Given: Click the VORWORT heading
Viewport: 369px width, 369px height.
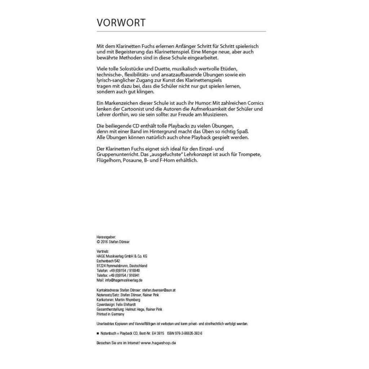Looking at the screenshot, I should tap(121, 23).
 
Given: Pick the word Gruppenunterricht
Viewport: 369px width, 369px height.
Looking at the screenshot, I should tap(117, 154).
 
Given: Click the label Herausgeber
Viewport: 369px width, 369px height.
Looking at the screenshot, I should tap(106, 237).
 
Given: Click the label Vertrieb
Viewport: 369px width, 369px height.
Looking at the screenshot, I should tap(103, 251).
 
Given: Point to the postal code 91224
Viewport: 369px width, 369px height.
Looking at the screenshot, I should tap(101, 266).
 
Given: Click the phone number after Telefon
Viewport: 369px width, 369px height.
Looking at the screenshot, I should tap(124, 271).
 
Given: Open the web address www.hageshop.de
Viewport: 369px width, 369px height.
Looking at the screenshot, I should tap(158, 343).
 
